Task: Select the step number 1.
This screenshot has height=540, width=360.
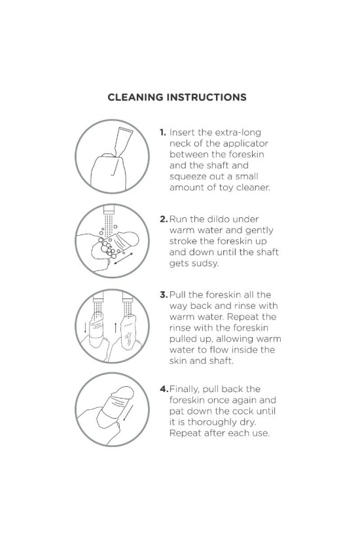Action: [162, 132]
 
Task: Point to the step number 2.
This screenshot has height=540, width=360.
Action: [164, 219]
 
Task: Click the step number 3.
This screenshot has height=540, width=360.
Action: [164, 295]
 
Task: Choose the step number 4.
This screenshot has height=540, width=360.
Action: [164, 389]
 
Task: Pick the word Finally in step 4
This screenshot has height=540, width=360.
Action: [185, 389]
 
